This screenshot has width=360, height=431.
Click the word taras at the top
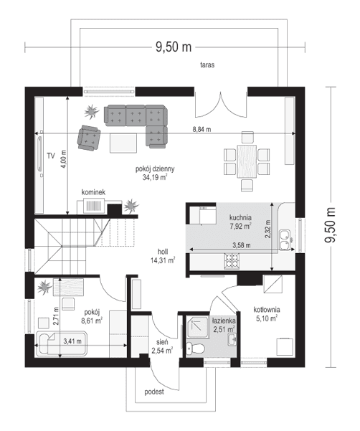pyautogui.click(x=209, y=65)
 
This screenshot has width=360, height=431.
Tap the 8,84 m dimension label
pyautogui.click(x=202, y=129)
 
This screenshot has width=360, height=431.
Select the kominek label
pyautogui.click(x=93, y=192)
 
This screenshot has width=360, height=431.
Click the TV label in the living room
pyautogui.click(x=51, y=155)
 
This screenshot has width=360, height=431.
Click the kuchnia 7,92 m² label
pyautogui.click(x=240, y=221)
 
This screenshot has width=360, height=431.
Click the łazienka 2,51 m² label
pyautogui.click(x=224, y=325)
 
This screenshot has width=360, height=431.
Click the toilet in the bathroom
pyautogui.click(x=194, y=349)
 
